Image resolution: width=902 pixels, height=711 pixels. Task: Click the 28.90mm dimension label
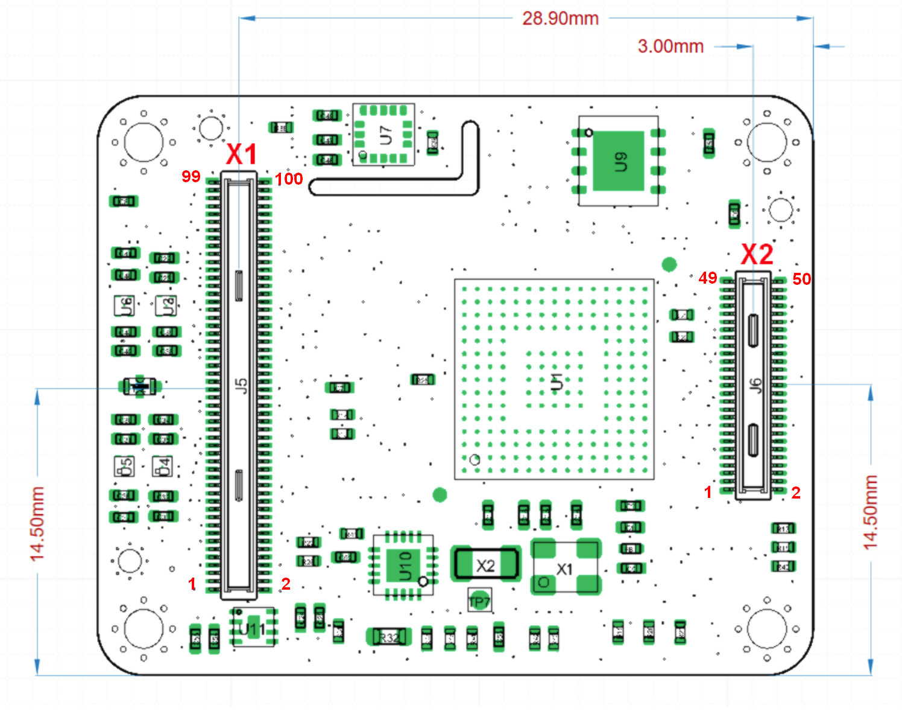[x=560, y=18]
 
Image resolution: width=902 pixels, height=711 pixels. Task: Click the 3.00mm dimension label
[x=670, y=46]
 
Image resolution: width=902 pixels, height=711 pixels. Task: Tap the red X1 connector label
[x=241, y=155]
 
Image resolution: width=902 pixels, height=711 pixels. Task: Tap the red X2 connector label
[x=757, y=254]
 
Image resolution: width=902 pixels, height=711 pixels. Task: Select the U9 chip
[x=619, y=161]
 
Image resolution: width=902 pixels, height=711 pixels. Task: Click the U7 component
[x=385, y=135]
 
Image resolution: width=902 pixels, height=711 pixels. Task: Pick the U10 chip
[x=403, y=566]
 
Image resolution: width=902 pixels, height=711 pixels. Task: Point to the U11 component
[x=253, y=628]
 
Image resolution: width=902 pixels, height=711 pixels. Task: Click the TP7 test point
[x=479, y=601]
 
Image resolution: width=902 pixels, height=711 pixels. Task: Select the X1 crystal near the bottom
[x=564, y=568]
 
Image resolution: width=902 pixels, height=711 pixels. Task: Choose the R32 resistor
[x=388, y=637]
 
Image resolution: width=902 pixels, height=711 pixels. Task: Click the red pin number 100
[x=289, y=179]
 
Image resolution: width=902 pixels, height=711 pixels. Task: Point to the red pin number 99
[x=191, y=176]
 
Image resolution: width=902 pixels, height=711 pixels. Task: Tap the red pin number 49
[x=708, y=278]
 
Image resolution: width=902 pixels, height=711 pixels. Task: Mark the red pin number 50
[x=801, y=279]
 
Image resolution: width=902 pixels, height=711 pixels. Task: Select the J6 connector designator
[x=755, y=385]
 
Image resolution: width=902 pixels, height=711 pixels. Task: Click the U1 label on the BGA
[x=557, y=381]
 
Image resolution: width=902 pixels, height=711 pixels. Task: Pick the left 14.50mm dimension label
[x=37, y=523]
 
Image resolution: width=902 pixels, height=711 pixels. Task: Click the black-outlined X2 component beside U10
[x=486, y=565]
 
